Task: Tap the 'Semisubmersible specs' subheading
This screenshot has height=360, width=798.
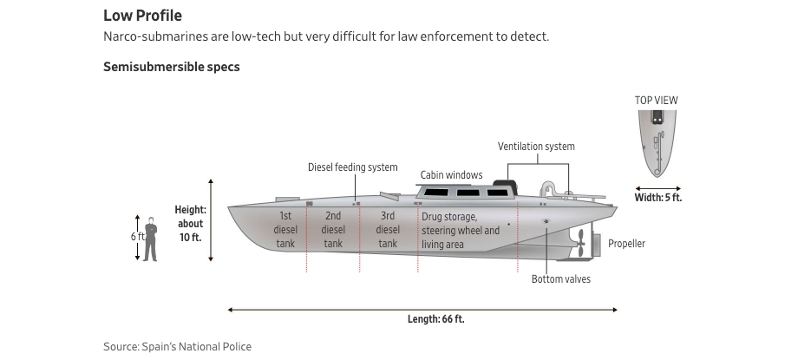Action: click(x=171, y=67)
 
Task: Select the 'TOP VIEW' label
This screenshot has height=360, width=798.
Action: click(x=656, y=101)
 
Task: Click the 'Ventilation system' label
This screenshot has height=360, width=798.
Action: click(x=536, y=147)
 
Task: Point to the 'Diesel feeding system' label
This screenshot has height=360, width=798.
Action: click(x=353, y=167)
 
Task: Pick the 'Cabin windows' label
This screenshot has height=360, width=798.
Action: click(x=451, y=175)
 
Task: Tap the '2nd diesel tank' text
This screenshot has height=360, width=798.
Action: click(x=333, y=230)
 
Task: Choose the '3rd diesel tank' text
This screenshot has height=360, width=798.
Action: click(x=388, y=230)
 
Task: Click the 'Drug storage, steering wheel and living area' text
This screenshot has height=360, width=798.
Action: click(x=461, y=231)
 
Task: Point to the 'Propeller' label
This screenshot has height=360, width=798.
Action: click(x=626, y=244)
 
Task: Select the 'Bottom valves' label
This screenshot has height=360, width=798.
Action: click(x=560, y=279)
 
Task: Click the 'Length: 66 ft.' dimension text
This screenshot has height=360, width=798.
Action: click(x=435, y=319)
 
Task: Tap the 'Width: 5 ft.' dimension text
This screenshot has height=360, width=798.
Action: click(x=658, y=198)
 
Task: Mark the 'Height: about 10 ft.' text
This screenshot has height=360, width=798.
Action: click(x=190, y=223)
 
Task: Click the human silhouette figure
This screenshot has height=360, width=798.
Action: click(x=150, y=239)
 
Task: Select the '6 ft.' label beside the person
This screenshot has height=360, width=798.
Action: click(x=138, y=237)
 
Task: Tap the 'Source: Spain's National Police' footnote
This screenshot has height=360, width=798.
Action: click(x=177, y=347)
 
